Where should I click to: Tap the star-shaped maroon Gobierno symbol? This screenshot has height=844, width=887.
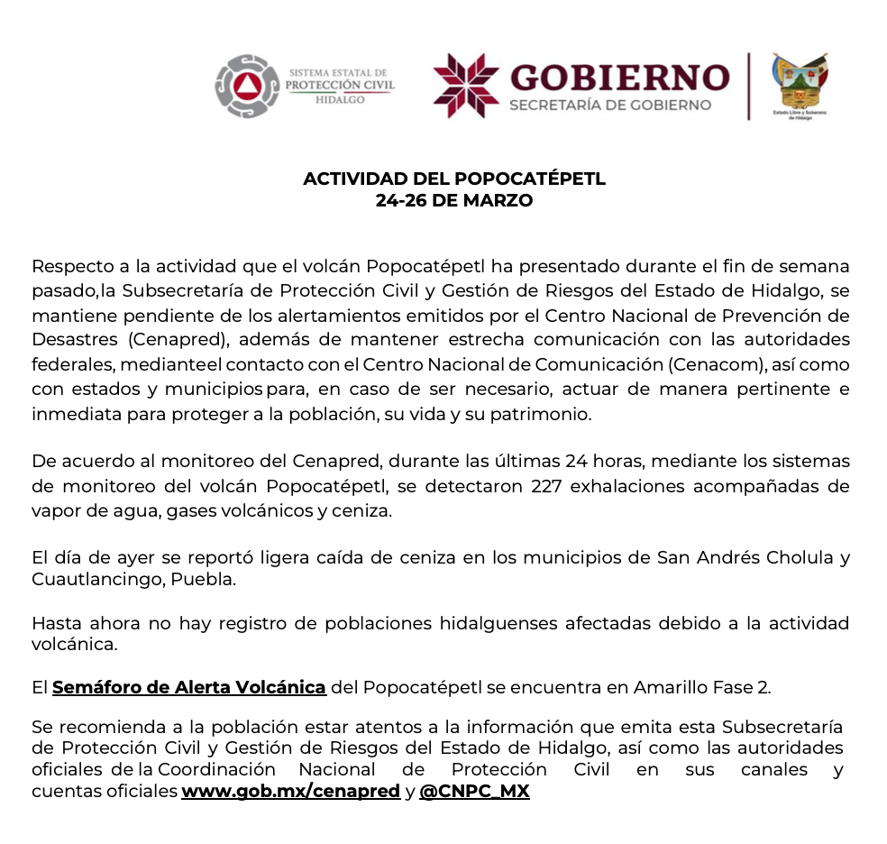[x=465, y=86]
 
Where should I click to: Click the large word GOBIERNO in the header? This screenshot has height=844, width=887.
[x=619, y=77]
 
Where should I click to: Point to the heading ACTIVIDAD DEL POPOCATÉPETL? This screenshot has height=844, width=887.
[x=454, y=179]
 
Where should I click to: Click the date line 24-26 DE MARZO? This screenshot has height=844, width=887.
[x=454, y=200]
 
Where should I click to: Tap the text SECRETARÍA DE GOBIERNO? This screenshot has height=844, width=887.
[x=610, y=105]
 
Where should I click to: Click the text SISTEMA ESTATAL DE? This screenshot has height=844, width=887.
[x=338, y=72]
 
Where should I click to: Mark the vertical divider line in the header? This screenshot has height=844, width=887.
[x=748, y=86]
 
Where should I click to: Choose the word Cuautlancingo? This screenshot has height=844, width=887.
[x=97, y=579]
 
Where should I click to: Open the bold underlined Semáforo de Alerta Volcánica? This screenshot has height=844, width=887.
[x=188, y=687]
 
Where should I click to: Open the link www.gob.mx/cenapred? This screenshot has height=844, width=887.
[x=290, y=792]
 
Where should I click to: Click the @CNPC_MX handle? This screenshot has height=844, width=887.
[x=474, y=792]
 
